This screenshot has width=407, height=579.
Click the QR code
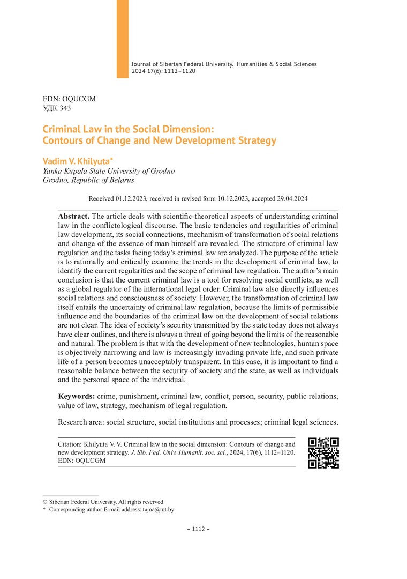(324, 453)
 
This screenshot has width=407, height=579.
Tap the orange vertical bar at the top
(123, 39)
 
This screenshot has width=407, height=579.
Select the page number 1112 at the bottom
(198, 529)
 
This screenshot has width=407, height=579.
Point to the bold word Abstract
(74, 216)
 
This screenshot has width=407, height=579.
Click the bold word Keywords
(77, 396)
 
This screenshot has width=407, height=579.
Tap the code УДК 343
(57, 108)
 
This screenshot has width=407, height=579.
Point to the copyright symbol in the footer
(45, 502)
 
